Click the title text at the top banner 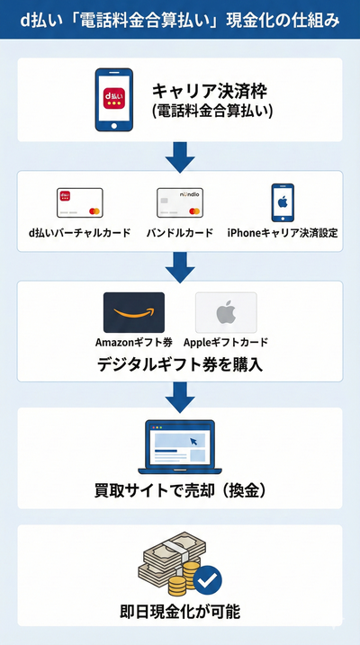pyautogui.click(x=180, y=19)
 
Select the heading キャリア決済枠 pyautogui.click(x=211, y=91)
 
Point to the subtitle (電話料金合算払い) pyautogui.click(x=211, y=112)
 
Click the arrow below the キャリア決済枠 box pyautogui.click(x=180, y=158)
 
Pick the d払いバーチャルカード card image pyautogui.click(x=81, y=202)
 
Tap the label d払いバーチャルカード pyautogui.click(x=80, y=233)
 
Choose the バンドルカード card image pyautogui.click(x=179, y=202)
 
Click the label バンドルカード pyautogui.click(x=179, y=233)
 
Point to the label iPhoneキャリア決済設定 pyautogui.click(x=283, y=233)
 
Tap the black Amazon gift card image pyautogui.click(x=133, y=313)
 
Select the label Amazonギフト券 pyautogui.click(x=133, y=343)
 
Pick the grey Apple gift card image pyautogui.click(x=226, y=313)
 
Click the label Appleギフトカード pyautogui.click(x=226, y=343)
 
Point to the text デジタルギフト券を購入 pyautogui.click(x=180, y=365)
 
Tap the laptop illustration pyautogui.click(x=180, y=445)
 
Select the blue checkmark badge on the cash pyautogui.click(x=207, y=579)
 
